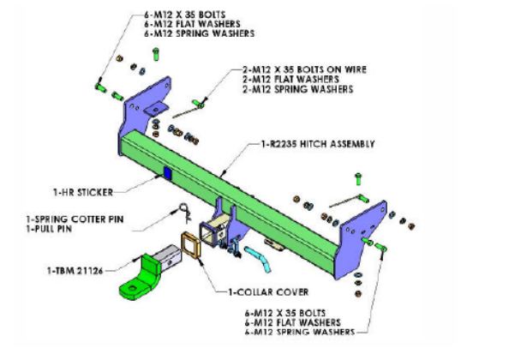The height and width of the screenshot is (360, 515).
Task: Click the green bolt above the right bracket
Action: coord(357,180)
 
